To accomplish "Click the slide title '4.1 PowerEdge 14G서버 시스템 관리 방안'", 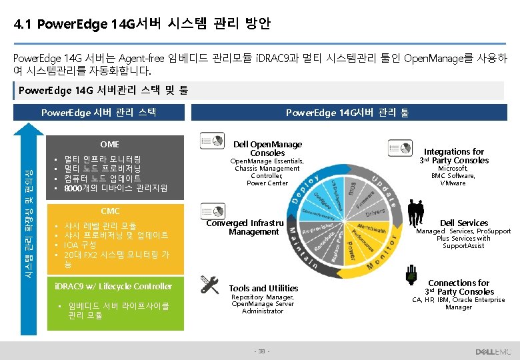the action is click(x=142, y=25).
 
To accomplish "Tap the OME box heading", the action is click(x=109, y=144).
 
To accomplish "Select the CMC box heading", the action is click(x=109, y=211).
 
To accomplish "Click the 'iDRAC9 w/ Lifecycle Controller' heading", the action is click(x=113, y=286).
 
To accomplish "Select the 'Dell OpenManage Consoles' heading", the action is click(x=267, y=148).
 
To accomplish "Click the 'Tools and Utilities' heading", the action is click(x=263, y=288).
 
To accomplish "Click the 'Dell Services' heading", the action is click(x=463, y=223).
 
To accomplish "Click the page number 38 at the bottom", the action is click(x=260, y=351).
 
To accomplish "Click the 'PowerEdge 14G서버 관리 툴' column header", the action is click(x=347, y=113).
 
